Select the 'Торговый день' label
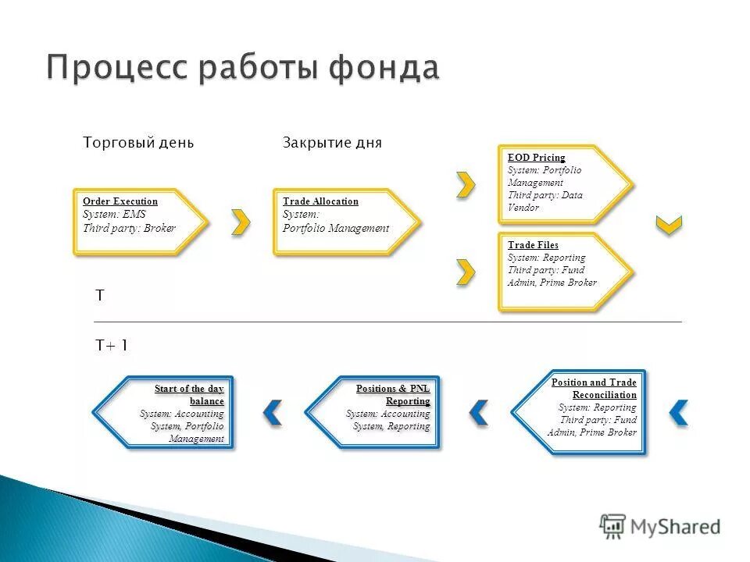pyautogui.click(x=138, y=143)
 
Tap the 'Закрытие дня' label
pyautogui.click(x=332, y=143)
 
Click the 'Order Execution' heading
pyautogui.click(x=120, y=201)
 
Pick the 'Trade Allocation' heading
pyautogui.click(x=320, y=201)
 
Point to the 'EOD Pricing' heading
pyautogui.click(x=536, y=158)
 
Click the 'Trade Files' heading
pyautogui.click(x=533, y=245)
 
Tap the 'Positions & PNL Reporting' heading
pyautogui.click(x=394, y=395)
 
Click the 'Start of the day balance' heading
pyautogui.click(x=191, y=395)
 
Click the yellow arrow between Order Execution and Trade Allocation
pyautogui.click(x=241, y=222)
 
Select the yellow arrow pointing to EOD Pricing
pyautogui.click(x=466, y=184)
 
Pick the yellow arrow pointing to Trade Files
pyautogui.click(x=466, y=271)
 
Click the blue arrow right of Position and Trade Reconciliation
pyautogui.click(x=679, y=412)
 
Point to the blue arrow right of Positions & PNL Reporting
pyautogui.click(x=478, y=412)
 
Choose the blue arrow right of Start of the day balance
pyautogui.click(x=272, y=412)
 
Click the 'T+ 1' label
pyautogui.click(x=112, y=345)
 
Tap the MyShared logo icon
pyautogui.click(x=613, y=526)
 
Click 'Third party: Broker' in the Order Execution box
pyautogui.click(x=130, y=229)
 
